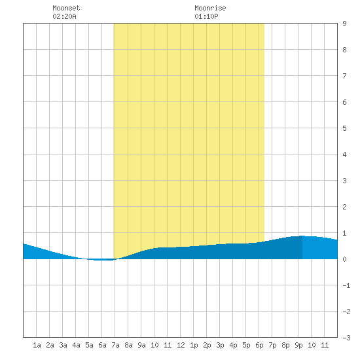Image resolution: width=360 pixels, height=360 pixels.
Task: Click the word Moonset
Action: click(x=66, y=8)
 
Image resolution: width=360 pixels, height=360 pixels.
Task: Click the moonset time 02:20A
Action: click(x=64, y=16)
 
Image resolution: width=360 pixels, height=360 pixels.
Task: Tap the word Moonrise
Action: click(x=210, y=8)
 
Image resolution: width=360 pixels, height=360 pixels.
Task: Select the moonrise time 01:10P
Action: click(x=206, y=16)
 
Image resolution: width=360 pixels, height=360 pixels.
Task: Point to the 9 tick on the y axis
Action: click(x=344, y=24)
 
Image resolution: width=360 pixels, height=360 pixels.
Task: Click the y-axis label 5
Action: click(x=344, y=128)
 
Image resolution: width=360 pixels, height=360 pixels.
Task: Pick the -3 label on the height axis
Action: click(x=346, y=338)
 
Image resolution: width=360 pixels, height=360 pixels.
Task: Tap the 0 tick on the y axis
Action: click(x=344, y=259)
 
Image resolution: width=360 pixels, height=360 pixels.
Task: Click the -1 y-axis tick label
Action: click(x=346, y=285)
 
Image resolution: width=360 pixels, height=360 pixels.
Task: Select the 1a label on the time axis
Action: click(x=37, y=345)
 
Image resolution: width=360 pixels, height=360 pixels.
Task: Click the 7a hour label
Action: click(x=115, y=345)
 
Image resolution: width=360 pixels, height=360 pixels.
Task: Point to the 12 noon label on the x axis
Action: click(x=181, y=345)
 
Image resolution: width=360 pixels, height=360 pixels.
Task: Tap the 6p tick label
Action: click(x=259, y=345)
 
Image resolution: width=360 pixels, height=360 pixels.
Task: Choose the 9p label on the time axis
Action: click(x=298, y=345)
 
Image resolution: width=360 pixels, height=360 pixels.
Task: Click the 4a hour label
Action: click(x=76, y=345)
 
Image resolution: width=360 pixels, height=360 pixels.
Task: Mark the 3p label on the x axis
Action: click(x=220, y=345)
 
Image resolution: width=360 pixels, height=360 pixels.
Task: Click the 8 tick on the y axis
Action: click(x=344, y=50)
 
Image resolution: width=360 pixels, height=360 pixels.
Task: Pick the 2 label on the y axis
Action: click(x=344, y=207)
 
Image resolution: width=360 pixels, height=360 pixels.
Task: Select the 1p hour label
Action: click(x=194, y=345)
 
